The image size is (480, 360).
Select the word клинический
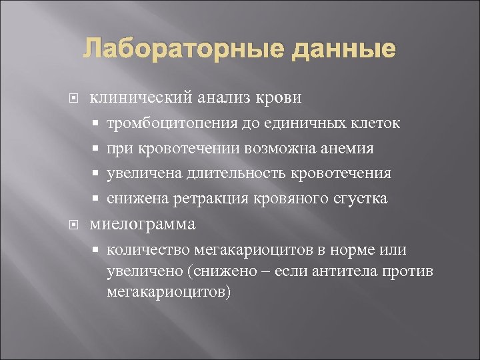(x=142, y=98)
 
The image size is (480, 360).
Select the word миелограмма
(x=143, y=225)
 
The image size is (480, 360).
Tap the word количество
(x=148, y=250)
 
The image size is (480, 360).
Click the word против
(x=414, y=271)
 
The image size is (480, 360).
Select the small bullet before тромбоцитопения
(x=97, y=124)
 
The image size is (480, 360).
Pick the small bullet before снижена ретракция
(x=97, y=199)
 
